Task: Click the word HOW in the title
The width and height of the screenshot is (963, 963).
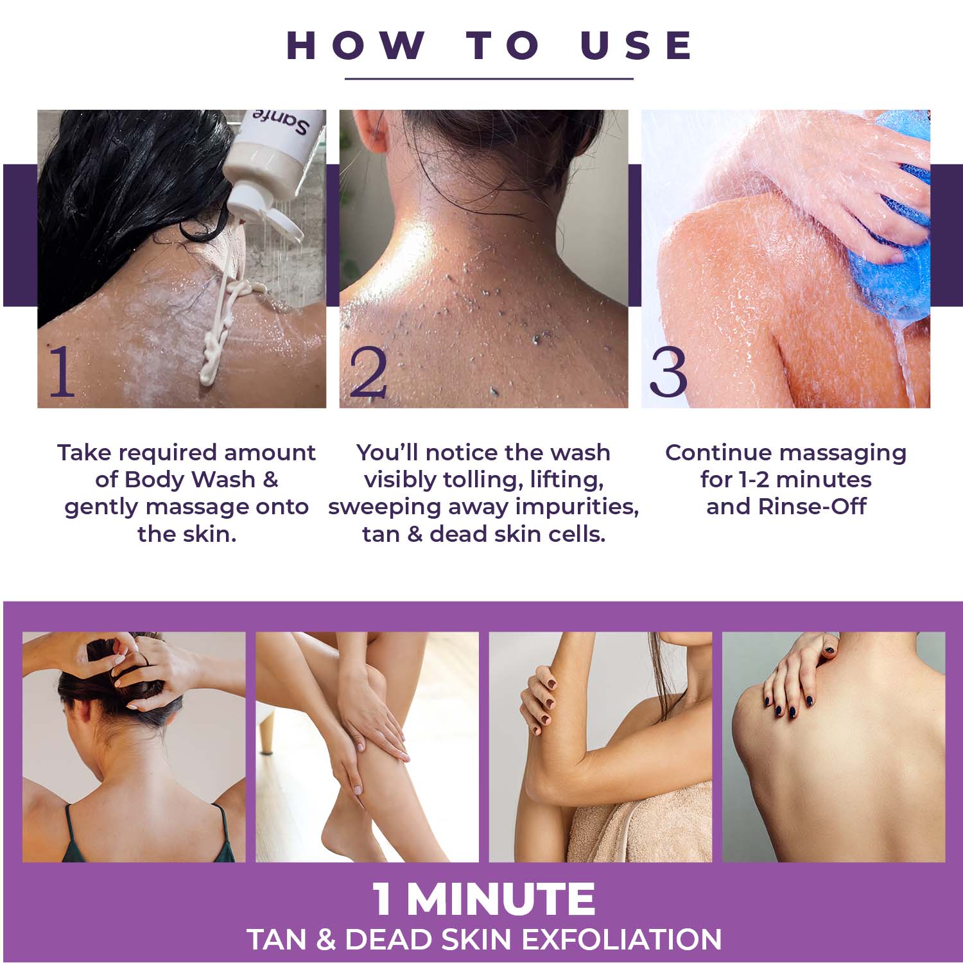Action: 356,45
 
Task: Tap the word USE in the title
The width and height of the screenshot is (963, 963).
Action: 636,45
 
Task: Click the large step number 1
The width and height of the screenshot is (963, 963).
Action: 62,371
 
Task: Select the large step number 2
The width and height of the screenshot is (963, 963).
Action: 368,371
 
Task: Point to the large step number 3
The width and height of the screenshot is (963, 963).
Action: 668,371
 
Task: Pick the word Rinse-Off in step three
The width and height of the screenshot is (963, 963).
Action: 812,507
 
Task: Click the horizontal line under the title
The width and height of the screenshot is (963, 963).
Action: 489,79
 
